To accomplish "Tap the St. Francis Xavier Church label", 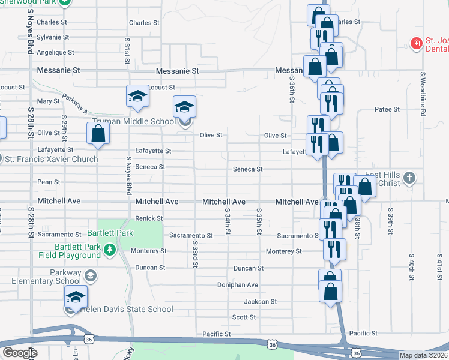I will point(51,159).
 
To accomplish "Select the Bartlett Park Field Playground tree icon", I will point(109,249).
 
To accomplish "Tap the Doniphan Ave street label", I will point(238,285).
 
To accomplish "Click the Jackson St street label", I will point(260,302).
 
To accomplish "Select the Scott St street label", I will point(244,317).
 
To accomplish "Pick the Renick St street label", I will point(149,218).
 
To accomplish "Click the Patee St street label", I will point(387,110).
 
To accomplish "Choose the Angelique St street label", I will point(55,52).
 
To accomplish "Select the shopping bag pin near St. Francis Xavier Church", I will point(98,134).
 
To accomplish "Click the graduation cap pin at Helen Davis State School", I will point(76,298).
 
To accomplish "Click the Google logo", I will point(19,353).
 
